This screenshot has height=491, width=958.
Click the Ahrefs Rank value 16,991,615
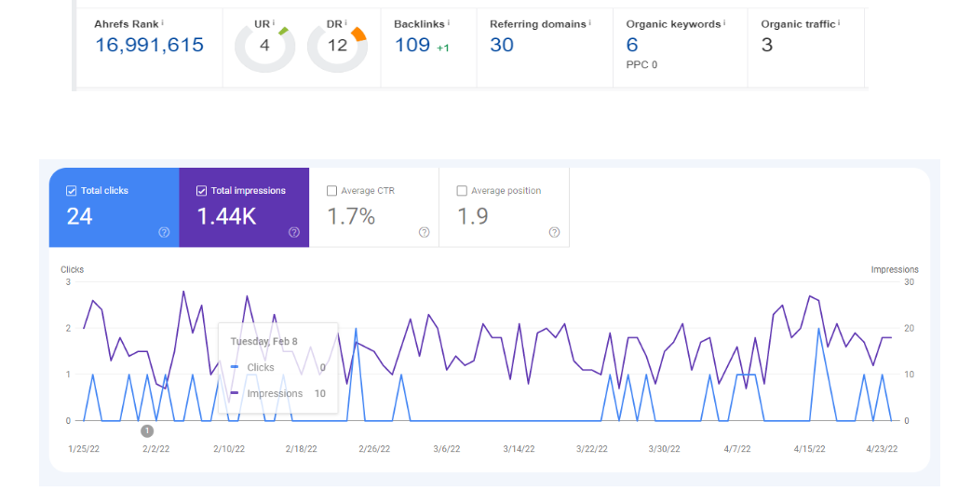point(149,45)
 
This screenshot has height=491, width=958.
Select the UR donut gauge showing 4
point(264,45)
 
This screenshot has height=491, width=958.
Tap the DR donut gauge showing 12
point(337,45)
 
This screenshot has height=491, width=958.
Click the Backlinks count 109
point(412,45)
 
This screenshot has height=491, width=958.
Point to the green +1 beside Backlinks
point(442,48)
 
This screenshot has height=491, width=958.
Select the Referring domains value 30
point(502,45)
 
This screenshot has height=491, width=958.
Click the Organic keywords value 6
point(632,45)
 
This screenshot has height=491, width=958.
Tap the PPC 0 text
point(642,64)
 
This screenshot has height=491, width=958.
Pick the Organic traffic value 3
point(766,45)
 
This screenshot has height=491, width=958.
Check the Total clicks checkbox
point(72,191)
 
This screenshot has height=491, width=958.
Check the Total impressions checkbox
point(202,191)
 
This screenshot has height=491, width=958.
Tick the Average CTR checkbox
point(332,191)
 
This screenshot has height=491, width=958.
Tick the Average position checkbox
point(462,191)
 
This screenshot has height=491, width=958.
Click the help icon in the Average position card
point(554,232)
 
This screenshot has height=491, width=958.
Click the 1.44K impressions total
point(227,217)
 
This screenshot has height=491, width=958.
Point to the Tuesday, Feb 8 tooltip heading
point(264,341)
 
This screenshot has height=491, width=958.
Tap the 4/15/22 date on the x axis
point(809,448)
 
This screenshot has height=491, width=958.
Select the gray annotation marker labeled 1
point(147,430)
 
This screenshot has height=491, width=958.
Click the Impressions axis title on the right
point(894,269)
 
